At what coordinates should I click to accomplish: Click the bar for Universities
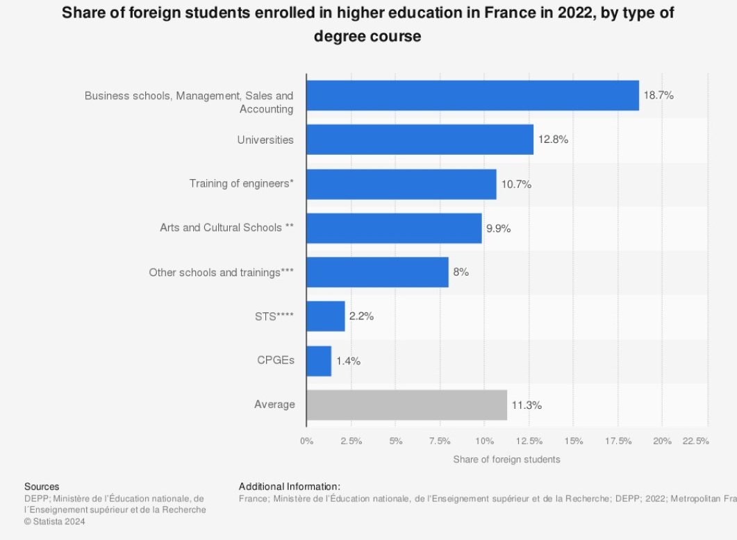pos(420,140)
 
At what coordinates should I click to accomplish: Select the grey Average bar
pos(407,405)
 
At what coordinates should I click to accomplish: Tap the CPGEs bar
pos(319,361)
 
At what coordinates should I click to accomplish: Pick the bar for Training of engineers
pos(401,184)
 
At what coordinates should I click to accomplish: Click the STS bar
pos(326,316)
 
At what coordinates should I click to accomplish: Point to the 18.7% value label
pos(659,95)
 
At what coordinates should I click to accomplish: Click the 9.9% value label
pos(498,228)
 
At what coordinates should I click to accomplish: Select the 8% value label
pos(461,272)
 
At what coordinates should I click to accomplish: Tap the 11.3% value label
pos(527,405)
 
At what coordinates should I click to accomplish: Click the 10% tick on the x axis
pos(485,441)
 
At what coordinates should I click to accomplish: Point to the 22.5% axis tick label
pos(695,441)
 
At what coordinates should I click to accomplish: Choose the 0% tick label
pos(306,441)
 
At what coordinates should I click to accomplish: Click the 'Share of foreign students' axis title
pos(506,459)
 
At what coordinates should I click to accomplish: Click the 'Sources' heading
pos(42,487)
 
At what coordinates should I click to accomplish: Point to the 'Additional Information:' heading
pos(290,487)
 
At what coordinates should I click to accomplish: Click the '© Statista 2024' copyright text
pos(54,521)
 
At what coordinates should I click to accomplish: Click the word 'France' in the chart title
pos(510,12)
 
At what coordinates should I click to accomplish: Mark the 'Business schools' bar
pos(473,95)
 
